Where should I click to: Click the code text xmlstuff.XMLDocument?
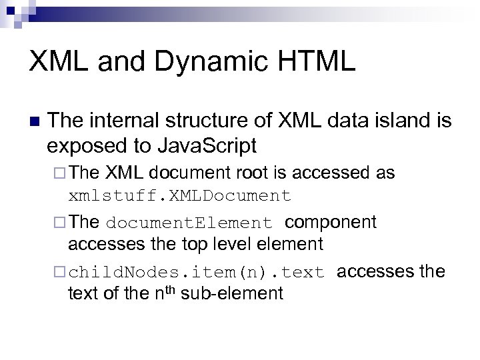[x=179, y=196]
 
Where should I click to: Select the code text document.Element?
[x=189, y=222]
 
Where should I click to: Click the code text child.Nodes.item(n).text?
[x=196, y=273]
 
